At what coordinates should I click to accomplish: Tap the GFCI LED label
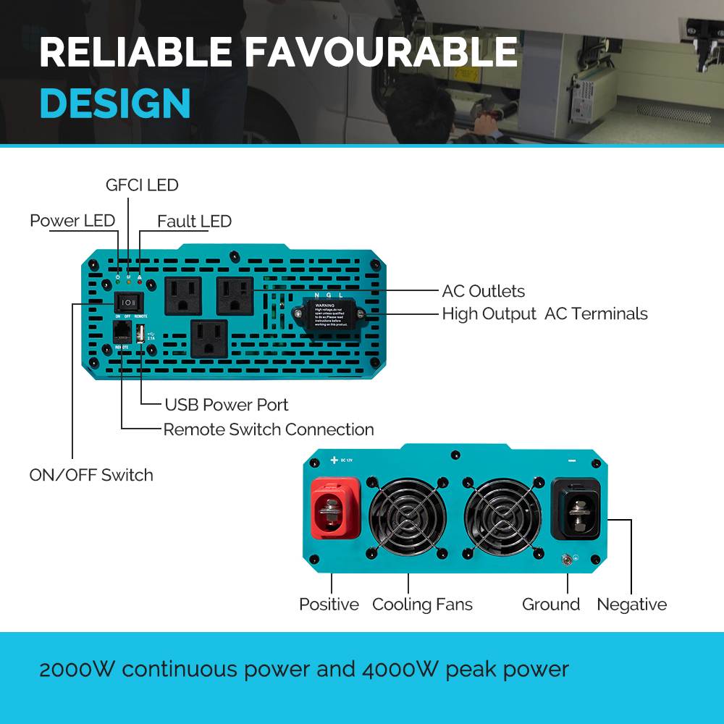(x=142, y=185)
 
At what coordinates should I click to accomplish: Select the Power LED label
(x=72, y=221)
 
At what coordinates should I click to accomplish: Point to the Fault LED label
(x=194, y=222)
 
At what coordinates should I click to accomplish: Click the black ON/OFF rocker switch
(x=128, y=302)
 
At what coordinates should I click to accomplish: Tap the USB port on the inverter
(x=138, y=333)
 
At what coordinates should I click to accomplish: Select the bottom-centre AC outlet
(x=209, y=339)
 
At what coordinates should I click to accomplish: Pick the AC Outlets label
(x=483, y=291)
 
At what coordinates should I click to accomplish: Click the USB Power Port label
(x=227, y=405)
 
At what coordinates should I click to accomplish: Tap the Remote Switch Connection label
(x=269, y=429)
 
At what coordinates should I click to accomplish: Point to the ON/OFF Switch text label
(x=91, y=475)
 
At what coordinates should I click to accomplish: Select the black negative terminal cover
(x=576, y=509)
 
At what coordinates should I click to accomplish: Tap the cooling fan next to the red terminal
(x=407, y=515)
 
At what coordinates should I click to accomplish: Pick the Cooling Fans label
(x=422, y=605)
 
